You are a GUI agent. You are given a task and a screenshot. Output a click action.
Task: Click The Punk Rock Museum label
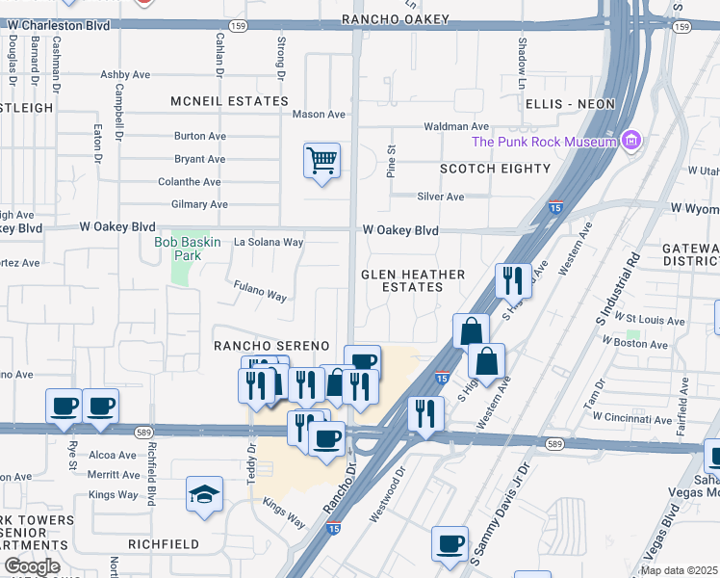[543, 143]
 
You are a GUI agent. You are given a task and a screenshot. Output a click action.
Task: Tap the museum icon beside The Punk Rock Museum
[630, 142]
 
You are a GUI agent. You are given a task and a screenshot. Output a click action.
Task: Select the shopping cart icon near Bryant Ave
[321, 159]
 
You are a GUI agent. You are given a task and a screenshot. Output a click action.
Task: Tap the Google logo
[31, 566]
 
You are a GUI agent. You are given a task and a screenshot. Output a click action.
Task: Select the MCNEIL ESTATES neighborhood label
[229, 101]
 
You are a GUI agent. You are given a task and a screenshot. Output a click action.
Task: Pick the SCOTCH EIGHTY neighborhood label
[487, 169]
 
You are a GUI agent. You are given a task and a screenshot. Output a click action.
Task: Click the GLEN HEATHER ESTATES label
[413, 280]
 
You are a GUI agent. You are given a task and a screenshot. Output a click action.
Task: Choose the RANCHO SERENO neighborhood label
[271, 346]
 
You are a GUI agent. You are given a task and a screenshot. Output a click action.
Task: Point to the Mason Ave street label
[319, 115]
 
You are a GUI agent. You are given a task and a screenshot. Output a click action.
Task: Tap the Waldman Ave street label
[456, 127]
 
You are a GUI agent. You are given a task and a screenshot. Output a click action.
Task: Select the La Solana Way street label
[269, 243]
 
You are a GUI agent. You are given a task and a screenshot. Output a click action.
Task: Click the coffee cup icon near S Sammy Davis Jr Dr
[450, 542]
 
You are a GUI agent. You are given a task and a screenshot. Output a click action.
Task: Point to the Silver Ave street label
[441, 197]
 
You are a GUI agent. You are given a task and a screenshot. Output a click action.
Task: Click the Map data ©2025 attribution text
[680, 570]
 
